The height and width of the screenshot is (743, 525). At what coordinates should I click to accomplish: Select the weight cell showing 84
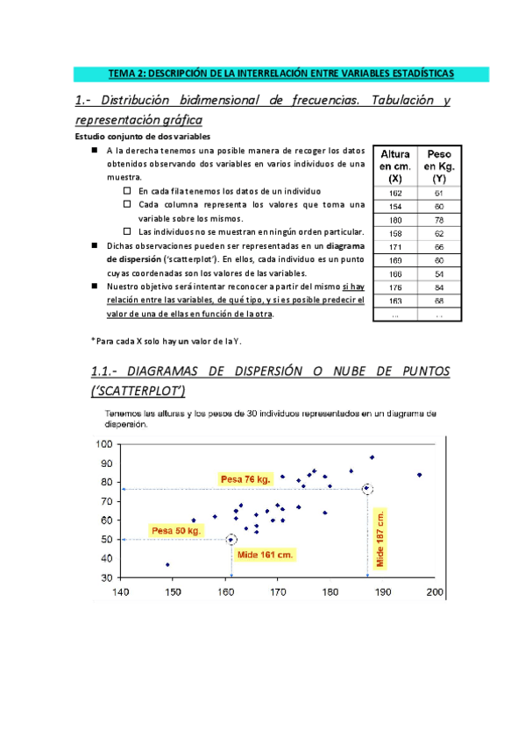[x=438, y=286]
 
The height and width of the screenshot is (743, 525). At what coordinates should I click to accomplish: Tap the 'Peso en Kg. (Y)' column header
[x=438, y=165]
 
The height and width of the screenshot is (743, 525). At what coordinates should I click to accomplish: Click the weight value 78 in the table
[x=438, y=219]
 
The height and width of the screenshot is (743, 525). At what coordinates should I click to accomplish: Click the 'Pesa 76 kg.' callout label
[x=245, y=478]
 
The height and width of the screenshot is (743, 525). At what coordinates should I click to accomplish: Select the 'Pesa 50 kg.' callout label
[x=177, y=530]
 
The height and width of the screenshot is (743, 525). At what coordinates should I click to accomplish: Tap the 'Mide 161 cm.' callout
[x=266, y=555]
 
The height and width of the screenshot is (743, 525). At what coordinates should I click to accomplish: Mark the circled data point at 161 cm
[x=231, y=540]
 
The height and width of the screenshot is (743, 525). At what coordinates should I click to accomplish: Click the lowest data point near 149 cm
[x=167, y=564]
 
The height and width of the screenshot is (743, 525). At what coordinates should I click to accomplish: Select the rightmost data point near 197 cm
[x=420, y=475]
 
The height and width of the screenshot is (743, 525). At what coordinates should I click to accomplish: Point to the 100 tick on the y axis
[x=104, y=444]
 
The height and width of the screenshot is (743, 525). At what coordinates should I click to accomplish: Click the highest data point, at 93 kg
[x=372, y=457]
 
